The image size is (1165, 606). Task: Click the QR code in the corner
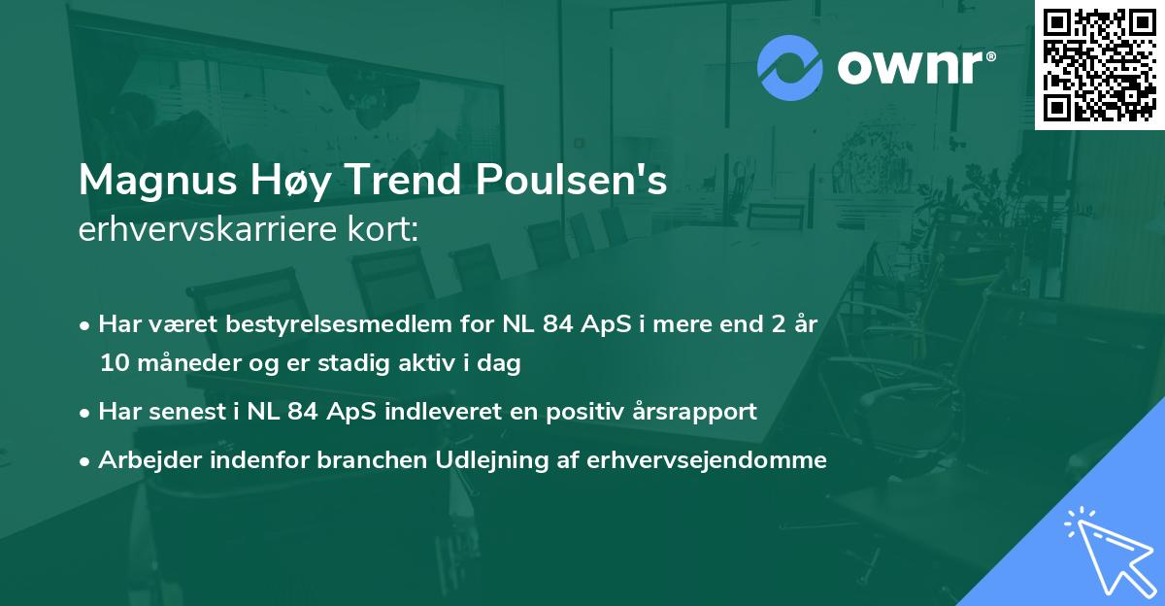click(1099, 64)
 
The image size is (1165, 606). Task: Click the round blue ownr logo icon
click(789, 67)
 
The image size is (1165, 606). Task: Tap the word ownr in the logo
click(913, 68)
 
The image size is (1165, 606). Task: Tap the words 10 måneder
click(164, 363)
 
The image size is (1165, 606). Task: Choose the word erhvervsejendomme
click(707, 459)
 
